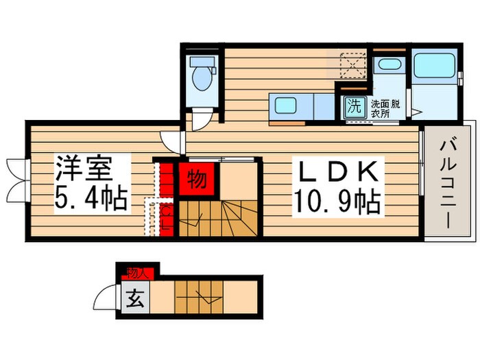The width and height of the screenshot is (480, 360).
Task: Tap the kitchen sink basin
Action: tap(285, 106)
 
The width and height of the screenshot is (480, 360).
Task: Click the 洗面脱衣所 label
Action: tap(385, 109)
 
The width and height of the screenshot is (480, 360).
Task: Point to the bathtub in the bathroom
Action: tap(434, 67)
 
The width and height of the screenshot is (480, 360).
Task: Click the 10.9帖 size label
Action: tap(336, 200)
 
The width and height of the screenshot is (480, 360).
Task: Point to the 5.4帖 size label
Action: tap(89, 199)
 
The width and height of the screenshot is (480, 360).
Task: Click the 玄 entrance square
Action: tap(136, 300)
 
